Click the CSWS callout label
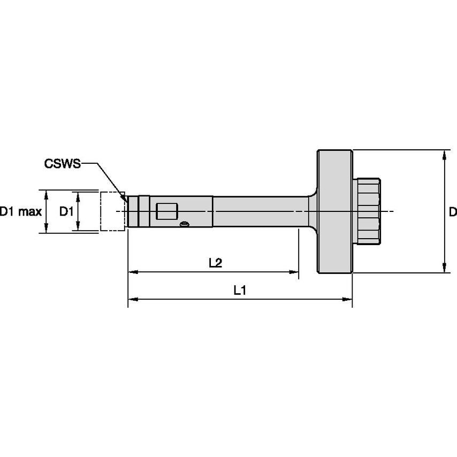(62, 164)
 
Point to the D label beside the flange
(452, 212)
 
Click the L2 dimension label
(216, 263)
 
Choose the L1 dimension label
(239, 290)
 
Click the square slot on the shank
(166, 211)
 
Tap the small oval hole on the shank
(184, 224)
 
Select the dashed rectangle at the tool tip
(112, 211)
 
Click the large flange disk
(335, 211)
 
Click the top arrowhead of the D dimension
(444, 154)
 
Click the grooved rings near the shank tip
(142, 211)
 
